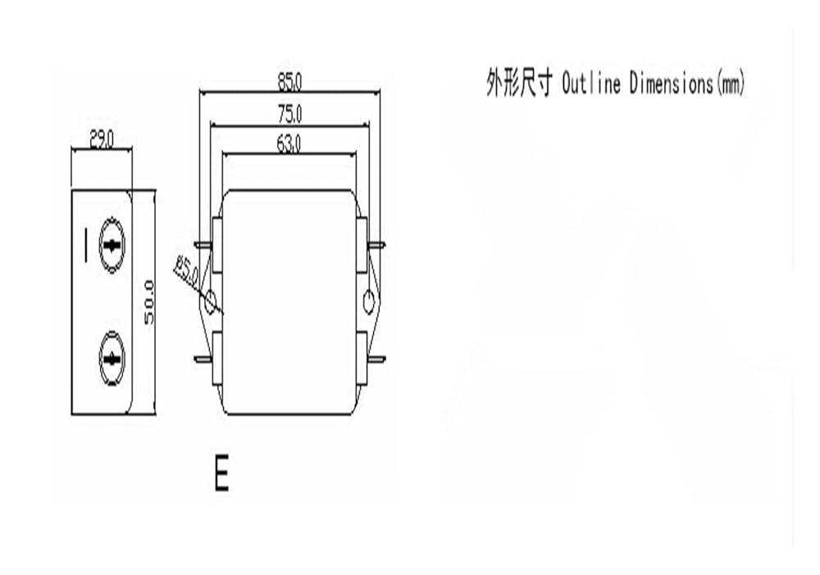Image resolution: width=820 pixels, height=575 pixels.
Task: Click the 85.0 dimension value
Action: (289, 82)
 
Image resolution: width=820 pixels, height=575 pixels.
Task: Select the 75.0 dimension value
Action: (289, 114)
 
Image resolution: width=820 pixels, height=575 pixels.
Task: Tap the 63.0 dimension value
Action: (289, 144)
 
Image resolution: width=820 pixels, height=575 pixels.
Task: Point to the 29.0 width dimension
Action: (102, 139)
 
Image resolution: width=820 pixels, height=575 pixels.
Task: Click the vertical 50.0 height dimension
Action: (149, 303)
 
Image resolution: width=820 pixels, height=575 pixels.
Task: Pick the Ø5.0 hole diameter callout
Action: (187, 271)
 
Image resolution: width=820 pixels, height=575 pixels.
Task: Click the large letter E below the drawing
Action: (221, 472)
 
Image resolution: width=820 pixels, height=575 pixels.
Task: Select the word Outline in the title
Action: (591, 83)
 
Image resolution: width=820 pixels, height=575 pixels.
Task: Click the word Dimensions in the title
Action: (672, 83)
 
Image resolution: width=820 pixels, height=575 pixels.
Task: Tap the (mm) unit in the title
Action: (730, 83)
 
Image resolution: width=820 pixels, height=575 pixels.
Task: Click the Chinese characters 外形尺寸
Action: (519, 83)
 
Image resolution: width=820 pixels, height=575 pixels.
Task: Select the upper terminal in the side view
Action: (112, 245)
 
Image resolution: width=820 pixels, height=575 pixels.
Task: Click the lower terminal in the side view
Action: (112, 359)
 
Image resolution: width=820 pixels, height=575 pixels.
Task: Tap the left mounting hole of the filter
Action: (210, 302)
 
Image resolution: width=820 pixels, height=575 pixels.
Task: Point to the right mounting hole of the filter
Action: (369, 303)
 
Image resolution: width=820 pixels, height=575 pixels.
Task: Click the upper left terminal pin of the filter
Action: (203, 244)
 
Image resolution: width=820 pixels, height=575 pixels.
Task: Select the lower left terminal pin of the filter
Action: (203, 359)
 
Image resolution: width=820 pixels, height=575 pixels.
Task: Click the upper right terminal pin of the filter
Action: (376, 244)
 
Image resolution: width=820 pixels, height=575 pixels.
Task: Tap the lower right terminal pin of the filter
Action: (376, 359)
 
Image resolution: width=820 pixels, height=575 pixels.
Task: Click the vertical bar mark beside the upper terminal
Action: (86, 245)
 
